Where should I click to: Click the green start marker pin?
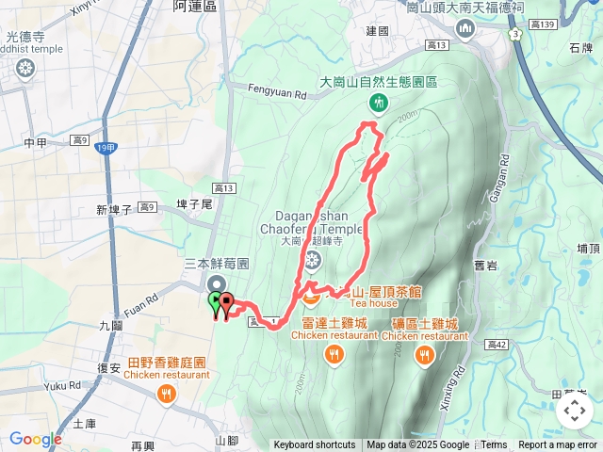[x=215, y=302]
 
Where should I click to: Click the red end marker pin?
[x=225, y=303]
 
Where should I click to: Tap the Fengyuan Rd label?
[x=278, y=93]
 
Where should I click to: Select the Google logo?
[x=36, y=439]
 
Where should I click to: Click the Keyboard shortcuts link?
[x=315, y=445]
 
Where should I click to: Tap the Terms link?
[x=494, y=445]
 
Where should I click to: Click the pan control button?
[x=574, y=411]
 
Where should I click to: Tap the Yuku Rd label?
[x=62, y=386]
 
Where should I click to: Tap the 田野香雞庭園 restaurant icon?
[x=166, y=394]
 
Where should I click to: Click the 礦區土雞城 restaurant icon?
[x=426, y=355]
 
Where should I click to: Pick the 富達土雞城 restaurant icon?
[x=334, y=354]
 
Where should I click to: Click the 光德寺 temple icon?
[x=24, y=68]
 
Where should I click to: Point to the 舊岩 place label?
[x=485, y=266]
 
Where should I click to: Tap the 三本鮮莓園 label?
[x=217, y=266]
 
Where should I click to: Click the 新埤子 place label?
[x=114, y=209]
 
